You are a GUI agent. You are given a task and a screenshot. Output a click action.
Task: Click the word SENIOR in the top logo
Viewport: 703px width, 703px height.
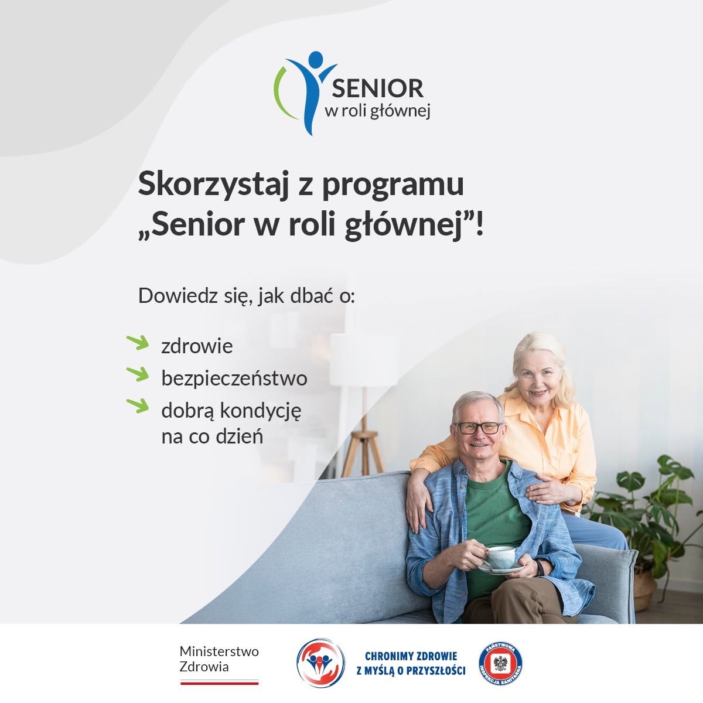(378, 88)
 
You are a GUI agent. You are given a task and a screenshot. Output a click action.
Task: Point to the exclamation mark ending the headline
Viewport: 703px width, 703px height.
(479, 224)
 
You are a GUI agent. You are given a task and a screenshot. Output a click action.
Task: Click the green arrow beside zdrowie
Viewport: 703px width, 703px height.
(138, 343)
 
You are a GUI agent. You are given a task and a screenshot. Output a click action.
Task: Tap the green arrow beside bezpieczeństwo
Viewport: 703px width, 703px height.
(138, 374)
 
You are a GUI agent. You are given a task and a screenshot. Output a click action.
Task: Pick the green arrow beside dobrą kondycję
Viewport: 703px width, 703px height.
(138, 405)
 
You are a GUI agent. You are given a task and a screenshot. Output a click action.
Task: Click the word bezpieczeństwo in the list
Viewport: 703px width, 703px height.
(234, 378)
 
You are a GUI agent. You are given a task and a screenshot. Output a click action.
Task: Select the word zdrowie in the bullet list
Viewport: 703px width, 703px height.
(197, 346)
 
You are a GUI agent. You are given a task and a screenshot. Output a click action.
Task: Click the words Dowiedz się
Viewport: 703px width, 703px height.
(195, 296)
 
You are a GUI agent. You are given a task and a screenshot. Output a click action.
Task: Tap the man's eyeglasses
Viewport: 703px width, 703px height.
(479, 428)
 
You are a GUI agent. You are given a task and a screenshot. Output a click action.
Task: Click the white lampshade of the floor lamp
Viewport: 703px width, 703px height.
(354, 360)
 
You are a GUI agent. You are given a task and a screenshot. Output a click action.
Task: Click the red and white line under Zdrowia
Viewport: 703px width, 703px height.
(219, 682)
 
